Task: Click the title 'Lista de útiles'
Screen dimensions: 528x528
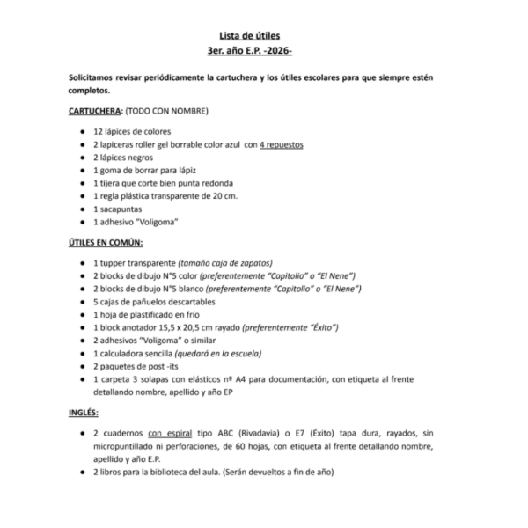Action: pos(263,34)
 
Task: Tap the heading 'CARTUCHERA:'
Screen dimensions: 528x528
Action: pos(96,113)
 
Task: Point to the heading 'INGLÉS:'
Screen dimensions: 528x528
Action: pos(84,412)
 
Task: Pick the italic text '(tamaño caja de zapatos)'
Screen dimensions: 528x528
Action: pos(226,263)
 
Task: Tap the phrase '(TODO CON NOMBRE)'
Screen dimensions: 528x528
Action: pos(168,113)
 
